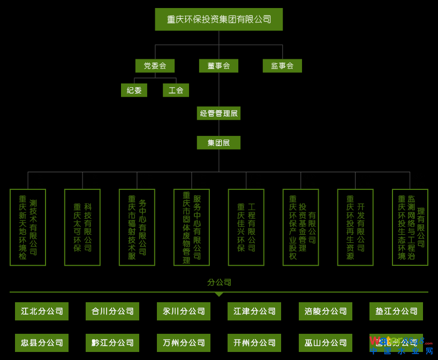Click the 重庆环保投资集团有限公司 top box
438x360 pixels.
coord(218,19)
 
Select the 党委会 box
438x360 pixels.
coord(155,66)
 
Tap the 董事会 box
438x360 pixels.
coord(218,66)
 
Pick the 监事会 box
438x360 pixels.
coord(282,66)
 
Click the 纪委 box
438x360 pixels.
coord(134,90)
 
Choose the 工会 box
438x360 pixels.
coord(176,90)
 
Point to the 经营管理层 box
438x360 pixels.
coord(218,113)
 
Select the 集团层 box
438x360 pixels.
coord(218,143)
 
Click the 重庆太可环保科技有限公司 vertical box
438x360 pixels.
coord(82,227)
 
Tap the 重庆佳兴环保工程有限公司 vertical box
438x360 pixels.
coord(246,227)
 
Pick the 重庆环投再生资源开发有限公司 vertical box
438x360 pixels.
coord(356,227)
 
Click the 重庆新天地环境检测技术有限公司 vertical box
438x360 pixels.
coord(28,227)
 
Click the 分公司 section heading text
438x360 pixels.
coord(219,282)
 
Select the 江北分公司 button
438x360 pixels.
coord(42,311)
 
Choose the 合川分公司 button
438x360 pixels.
coord(112,311)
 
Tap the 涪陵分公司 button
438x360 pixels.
coord(326,311)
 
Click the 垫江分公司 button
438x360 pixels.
coord(396,311)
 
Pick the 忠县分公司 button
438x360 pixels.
coord(42,343)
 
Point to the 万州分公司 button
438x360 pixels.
coord(184,343)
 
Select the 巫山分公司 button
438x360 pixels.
coord(326,343)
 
